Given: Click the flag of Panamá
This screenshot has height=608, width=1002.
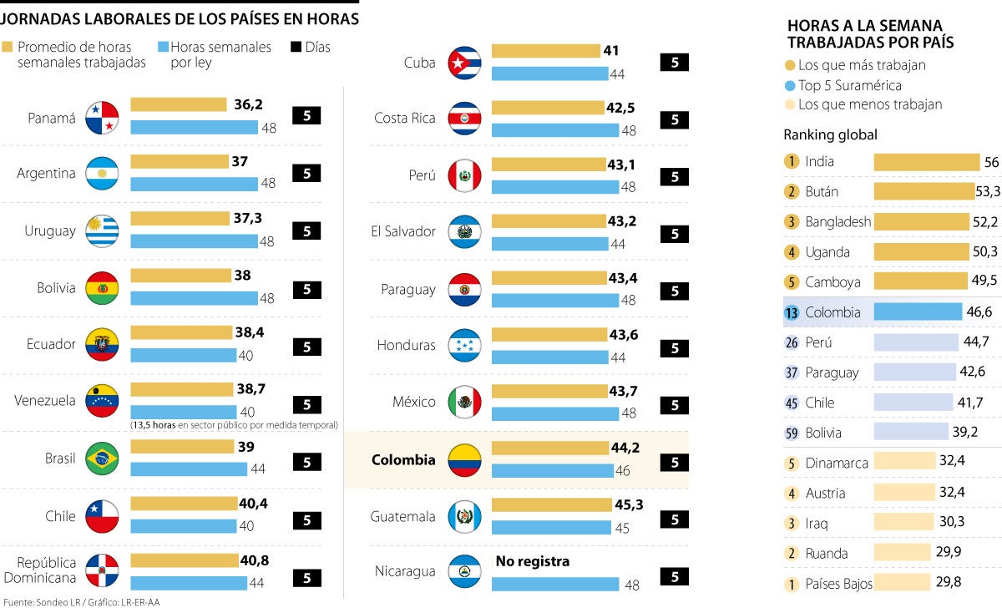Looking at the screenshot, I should click(x=102, y=118).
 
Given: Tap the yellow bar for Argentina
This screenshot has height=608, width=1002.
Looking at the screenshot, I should click(x=180, y=161).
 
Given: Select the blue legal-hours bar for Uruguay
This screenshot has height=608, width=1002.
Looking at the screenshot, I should click(x=194, y=241).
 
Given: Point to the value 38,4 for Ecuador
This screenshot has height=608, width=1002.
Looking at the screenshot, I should click(x=250, y=332).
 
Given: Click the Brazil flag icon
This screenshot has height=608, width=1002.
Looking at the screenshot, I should click(x=102, y=459).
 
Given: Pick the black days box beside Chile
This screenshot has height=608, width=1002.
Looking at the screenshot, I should click(x=306, y=519).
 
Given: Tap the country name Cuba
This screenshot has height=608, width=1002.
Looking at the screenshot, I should click(x=419, y=63).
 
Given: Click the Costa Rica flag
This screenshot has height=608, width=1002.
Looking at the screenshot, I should click(x=464, y=119).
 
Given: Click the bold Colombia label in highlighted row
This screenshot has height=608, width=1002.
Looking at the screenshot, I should click(x=403, y=460).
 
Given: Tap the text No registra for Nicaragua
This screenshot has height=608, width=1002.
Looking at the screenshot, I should click(x=533, y=561).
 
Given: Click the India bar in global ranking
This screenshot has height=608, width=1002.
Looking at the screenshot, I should click(x=926, y=162).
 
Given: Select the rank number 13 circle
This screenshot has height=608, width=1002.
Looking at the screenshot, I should click(x=792, y=312).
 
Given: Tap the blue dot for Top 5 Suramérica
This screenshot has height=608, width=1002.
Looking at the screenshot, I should click(x=790, y=85).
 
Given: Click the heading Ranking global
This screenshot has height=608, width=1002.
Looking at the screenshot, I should click(x=830, y=134).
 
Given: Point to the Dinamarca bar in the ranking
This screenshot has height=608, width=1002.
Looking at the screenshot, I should click(x=904, y=461).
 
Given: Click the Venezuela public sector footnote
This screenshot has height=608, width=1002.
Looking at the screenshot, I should click(x=234, y=425).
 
